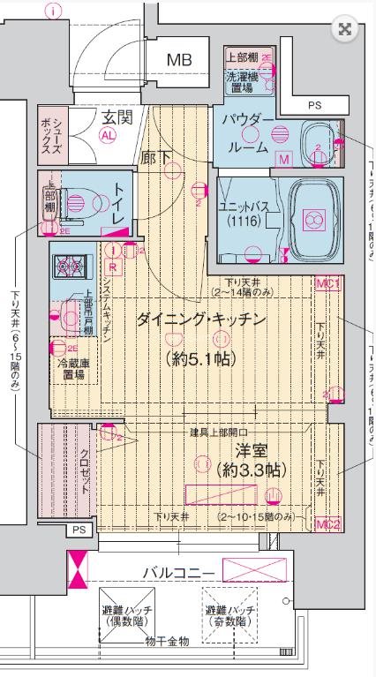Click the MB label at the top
coord(181,59)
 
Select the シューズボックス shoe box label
coord(50,135)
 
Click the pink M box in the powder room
coord(284,160)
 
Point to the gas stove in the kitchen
coord(66,263)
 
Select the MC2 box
coord(327,524)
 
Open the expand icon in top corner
coord(344,29)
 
